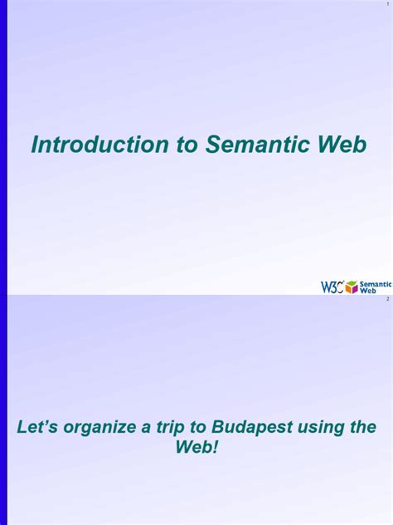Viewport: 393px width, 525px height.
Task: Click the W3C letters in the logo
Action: point(332,287)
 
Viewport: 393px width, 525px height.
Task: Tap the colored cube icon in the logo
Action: point(352,287)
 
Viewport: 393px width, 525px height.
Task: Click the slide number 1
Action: point(386,4)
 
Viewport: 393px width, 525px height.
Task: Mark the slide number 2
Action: point(386,299)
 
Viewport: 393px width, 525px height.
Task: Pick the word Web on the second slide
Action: point(192,447)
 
